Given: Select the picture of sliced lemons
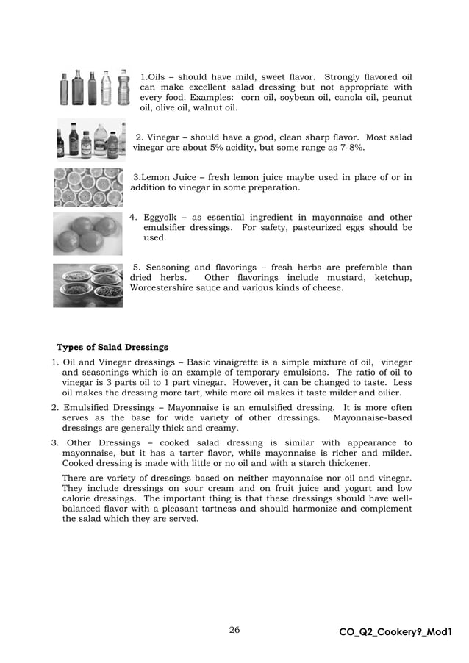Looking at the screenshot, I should point(88,187).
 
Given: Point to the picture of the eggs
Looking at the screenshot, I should point(87,234).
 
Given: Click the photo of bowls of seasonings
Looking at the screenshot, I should point(87,285).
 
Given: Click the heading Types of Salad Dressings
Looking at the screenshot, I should point(112,347).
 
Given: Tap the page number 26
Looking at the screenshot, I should point(234,630).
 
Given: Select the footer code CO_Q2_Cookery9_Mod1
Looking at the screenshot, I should point(395,631).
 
